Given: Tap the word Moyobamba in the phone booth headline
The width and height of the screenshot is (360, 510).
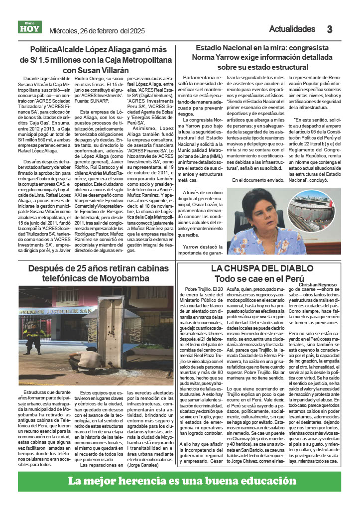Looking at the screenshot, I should [x=122, y=278].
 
